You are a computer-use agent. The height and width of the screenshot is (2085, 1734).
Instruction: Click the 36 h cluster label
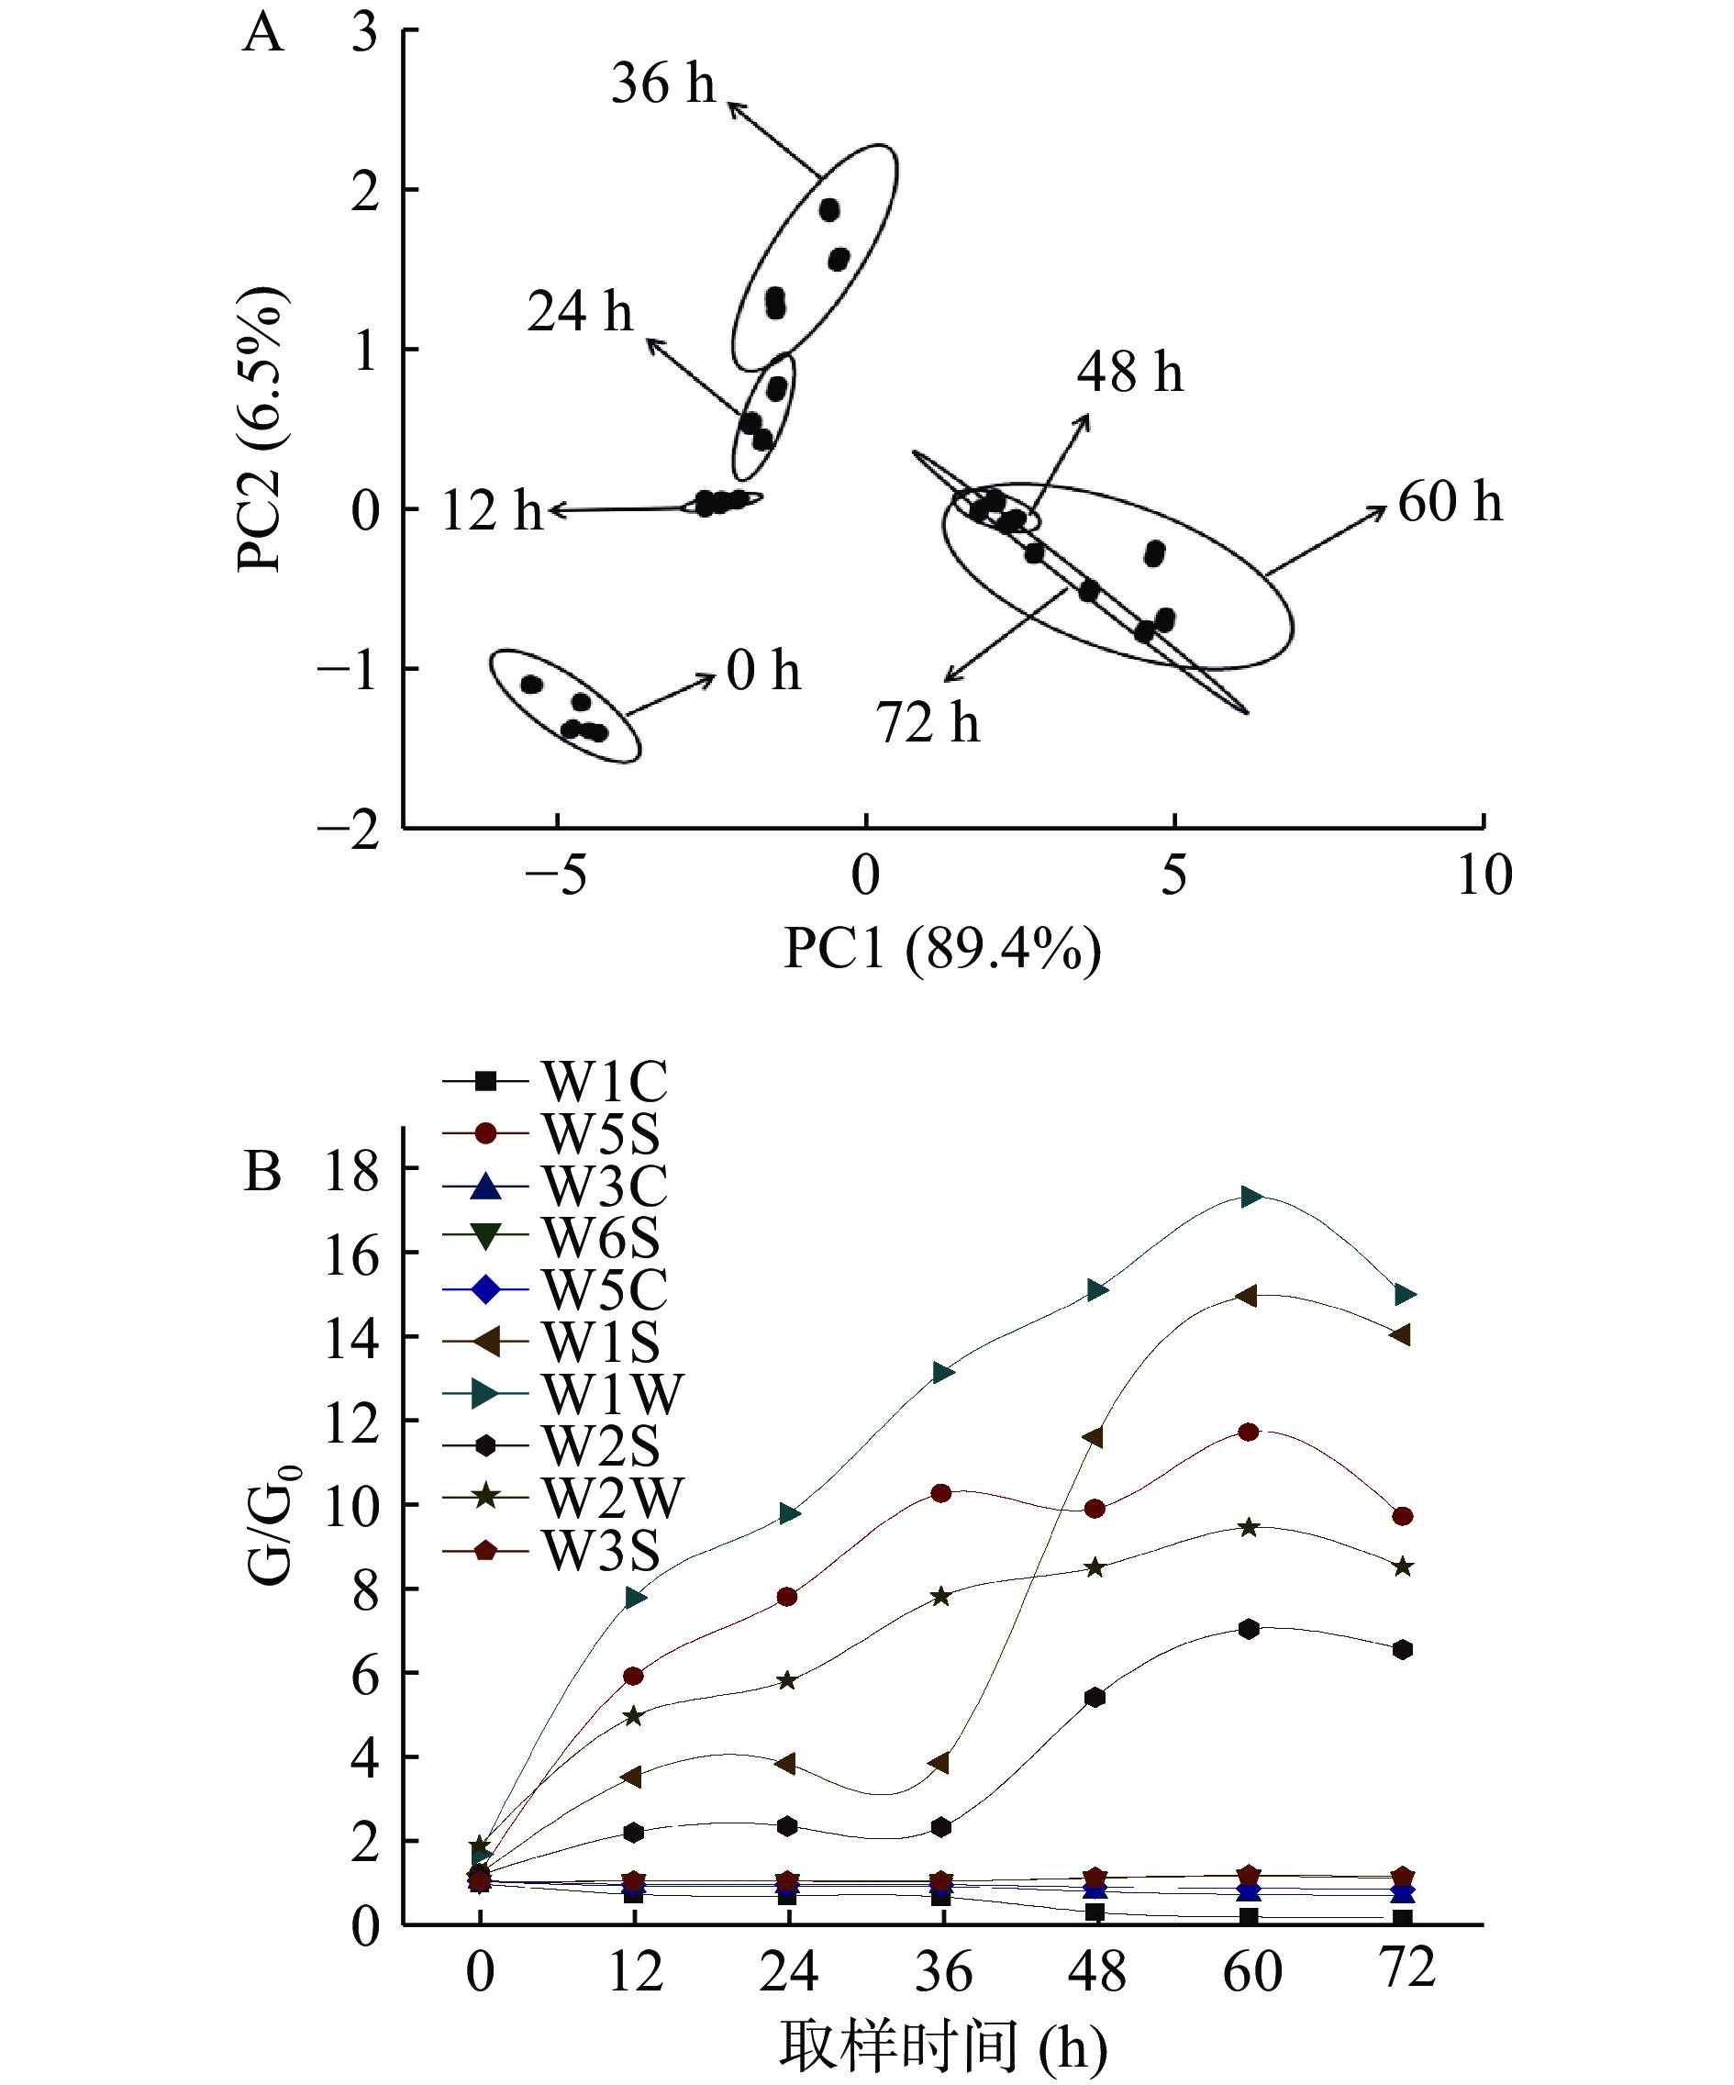[x=662, y=83]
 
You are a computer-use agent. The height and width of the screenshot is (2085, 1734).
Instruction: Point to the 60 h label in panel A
[x=1450, y=501]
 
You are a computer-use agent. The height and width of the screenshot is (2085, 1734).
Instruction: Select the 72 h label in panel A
[x=927, y=722]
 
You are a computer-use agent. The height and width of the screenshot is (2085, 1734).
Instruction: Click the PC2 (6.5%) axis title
[x=260, y=429]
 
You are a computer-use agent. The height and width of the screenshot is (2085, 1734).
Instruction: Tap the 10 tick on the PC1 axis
[x=1484, y=875]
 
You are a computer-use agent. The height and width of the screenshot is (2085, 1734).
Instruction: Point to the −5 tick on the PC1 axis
[x=557, y=875]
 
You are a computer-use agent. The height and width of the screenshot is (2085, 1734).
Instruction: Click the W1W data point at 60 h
[x=1250, y=1197]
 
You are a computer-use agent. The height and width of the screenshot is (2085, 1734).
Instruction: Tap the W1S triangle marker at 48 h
[x=1094, y=1438]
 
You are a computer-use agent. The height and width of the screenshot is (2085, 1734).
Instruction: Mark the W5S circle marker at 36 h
[x=941, y=1493]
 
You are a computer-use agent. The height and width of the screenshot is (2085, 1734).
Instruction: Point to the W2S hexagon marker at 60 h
[x=1249, y=1629]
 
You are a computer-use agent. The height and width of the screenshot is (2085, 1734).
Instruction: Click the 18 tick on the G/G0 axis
[x=352, y=1172]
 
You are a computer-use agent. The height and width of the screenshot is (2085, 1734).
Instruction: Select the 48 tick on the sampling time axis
[x=1095, y=1972]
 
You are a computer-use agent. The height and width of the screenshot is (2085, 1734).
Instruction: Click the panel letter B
[x=263, y=1172]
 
